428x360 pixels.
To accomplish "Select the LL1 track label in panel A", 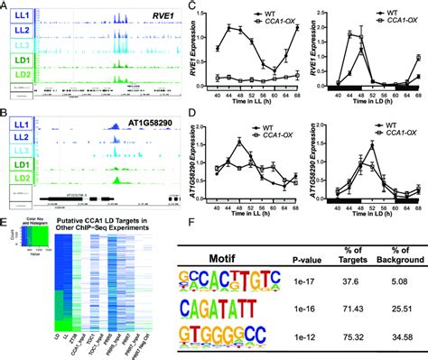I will click(19, 18).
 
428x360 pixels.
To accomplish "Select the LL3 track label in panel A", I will click(19, 45).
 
